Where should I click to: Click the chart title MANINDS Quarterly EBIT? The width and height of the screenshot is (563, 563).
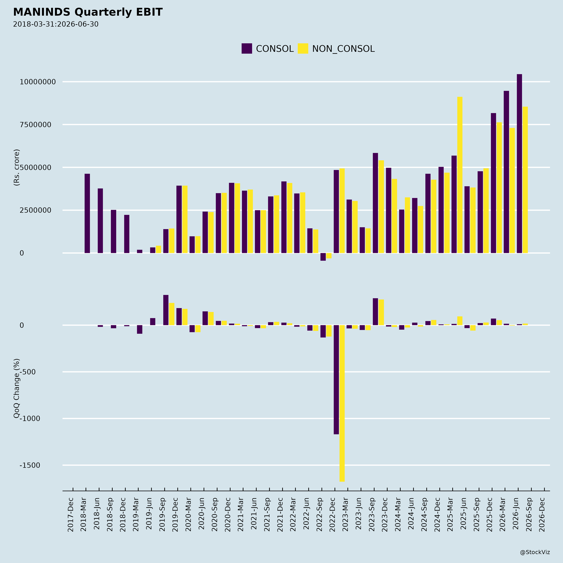88,12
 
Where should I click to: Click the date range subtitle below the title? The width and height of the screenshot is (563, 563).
56,24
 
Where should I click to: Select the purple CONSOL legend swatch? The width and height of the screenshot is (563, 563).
246,48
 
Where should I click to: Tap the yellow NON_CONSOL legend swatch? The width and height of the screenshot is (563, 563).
303,48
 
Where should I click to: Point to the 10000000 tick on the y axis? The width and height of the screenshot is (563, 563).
38,82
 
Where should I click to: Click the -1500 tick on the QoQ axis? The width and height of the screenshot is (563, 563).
30,465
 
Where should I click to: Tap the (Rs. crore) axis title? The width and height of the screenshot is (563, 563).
17,167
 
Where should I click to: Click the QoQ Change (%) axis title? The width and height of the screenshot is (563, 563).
17,388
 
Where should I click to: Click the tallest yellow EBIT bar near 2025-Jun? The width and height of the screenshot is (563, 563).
460,175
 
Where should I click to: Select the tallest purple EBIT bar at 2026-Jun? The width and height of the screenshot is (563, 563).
519,163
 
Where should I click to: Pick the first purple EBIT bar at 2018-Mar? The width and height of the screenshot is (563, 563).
87,213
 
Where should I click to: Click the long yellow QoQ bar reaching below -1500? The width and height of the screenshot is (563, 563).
342,403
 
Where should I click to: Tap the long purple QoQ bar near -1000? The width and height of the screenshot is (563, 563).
336,380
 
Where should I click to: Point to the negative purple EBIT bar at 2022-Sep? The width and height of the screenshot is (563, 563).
323,257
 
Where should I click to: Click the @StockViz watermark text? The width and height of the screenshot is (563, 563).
535,552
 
